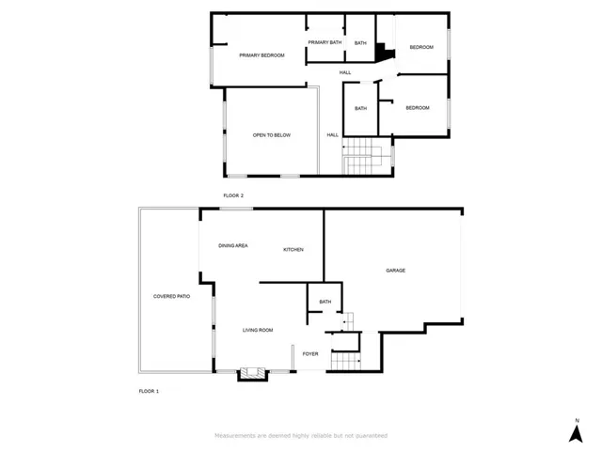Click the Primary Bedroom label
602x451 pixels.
click(x=261, y=55)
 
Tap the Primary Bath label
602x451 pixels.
click(x=325, y=42)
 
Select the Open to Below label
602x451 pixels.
click(x=272, y=135)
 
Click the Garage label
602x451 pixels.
click(x=395, y=271)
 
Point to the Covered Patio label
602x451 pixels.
click(x=171, y=296)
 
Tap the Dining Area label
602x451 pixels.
click(x=233, y=245)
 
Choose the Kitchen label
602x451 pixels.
click(x=293, y=250)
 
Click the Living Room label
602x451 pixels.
click(x=258, y=330)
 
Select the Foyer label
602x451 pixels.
click(x=310, y=354)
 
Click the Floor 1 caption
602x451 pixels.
click(x=149, y=391)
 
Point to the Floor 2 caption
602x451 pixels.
click(x=233, y=195)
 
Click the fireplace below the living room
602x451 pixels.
click(x=252, y=374)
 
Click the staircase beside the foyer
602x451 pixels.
click(x=345, y=361)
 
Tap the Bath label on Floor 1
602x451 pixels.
click(x=325, y=302)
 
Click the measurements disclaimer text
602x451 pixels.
click(x=301, y=436)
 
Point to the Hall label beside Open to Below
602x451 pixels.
click(x=332, y=135)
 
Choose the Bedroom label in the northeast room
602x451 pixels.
click(x=421, y=47)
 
